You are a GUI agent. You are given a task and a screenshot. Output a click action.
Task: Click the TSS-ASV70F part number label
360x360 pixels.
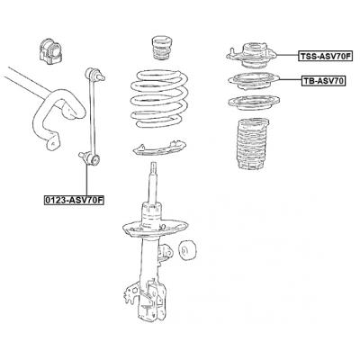[x=325, y=56]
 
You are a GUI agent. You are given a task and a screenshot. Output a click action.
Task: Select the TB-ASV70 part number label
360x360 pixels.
[x=323, y=80]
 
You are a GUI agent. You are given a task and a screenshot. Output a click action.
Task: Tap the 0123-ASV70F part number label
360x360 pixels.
[x=74, y=200]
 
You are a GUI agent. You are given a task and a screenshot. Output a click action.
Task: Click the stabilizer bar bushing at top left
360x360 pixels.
[x=50, y=50]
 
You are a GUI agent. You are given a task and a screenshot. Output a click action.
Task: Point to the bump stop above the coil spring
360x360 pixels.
[x=162, y=48]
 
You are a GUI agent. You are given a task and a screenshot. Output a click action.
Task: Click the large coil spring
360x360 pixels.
[x=159, y=98]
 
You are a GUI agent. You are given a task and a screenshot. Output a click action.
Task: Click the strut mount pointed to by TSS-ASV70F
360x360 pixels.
[x=252, y=56]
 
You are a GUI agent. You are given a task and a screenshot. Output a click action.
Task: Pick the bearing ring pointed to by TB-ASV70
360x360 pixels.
[x=254, y=81]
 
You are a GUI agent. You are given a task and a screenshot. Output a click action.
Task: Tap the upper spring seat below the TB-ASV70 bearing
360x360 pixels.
[x=254, y=103]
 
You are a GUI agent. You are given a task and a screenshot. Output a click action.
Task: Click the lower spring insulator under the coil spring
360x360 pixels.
[x=159, y=148]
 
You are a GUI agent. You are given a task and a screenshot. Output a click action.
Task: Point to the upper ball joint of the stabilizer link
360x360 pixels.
[x=94, y=75]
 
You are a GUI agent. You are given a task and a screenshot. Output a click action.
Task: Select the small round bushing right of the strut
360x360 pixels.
[x=186, y=249]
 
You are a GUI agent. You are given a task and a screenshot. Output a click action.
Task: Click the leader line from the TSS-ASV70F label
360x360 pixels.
[x=287, y=55]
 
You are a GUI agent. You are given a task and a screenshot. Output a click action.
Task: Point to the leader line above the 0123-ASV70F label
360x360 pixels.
[x=86, y=180]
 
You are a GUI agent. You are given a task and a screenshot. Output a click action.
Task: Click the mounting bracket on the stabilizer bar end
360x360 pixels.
[x=52, y=141]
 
